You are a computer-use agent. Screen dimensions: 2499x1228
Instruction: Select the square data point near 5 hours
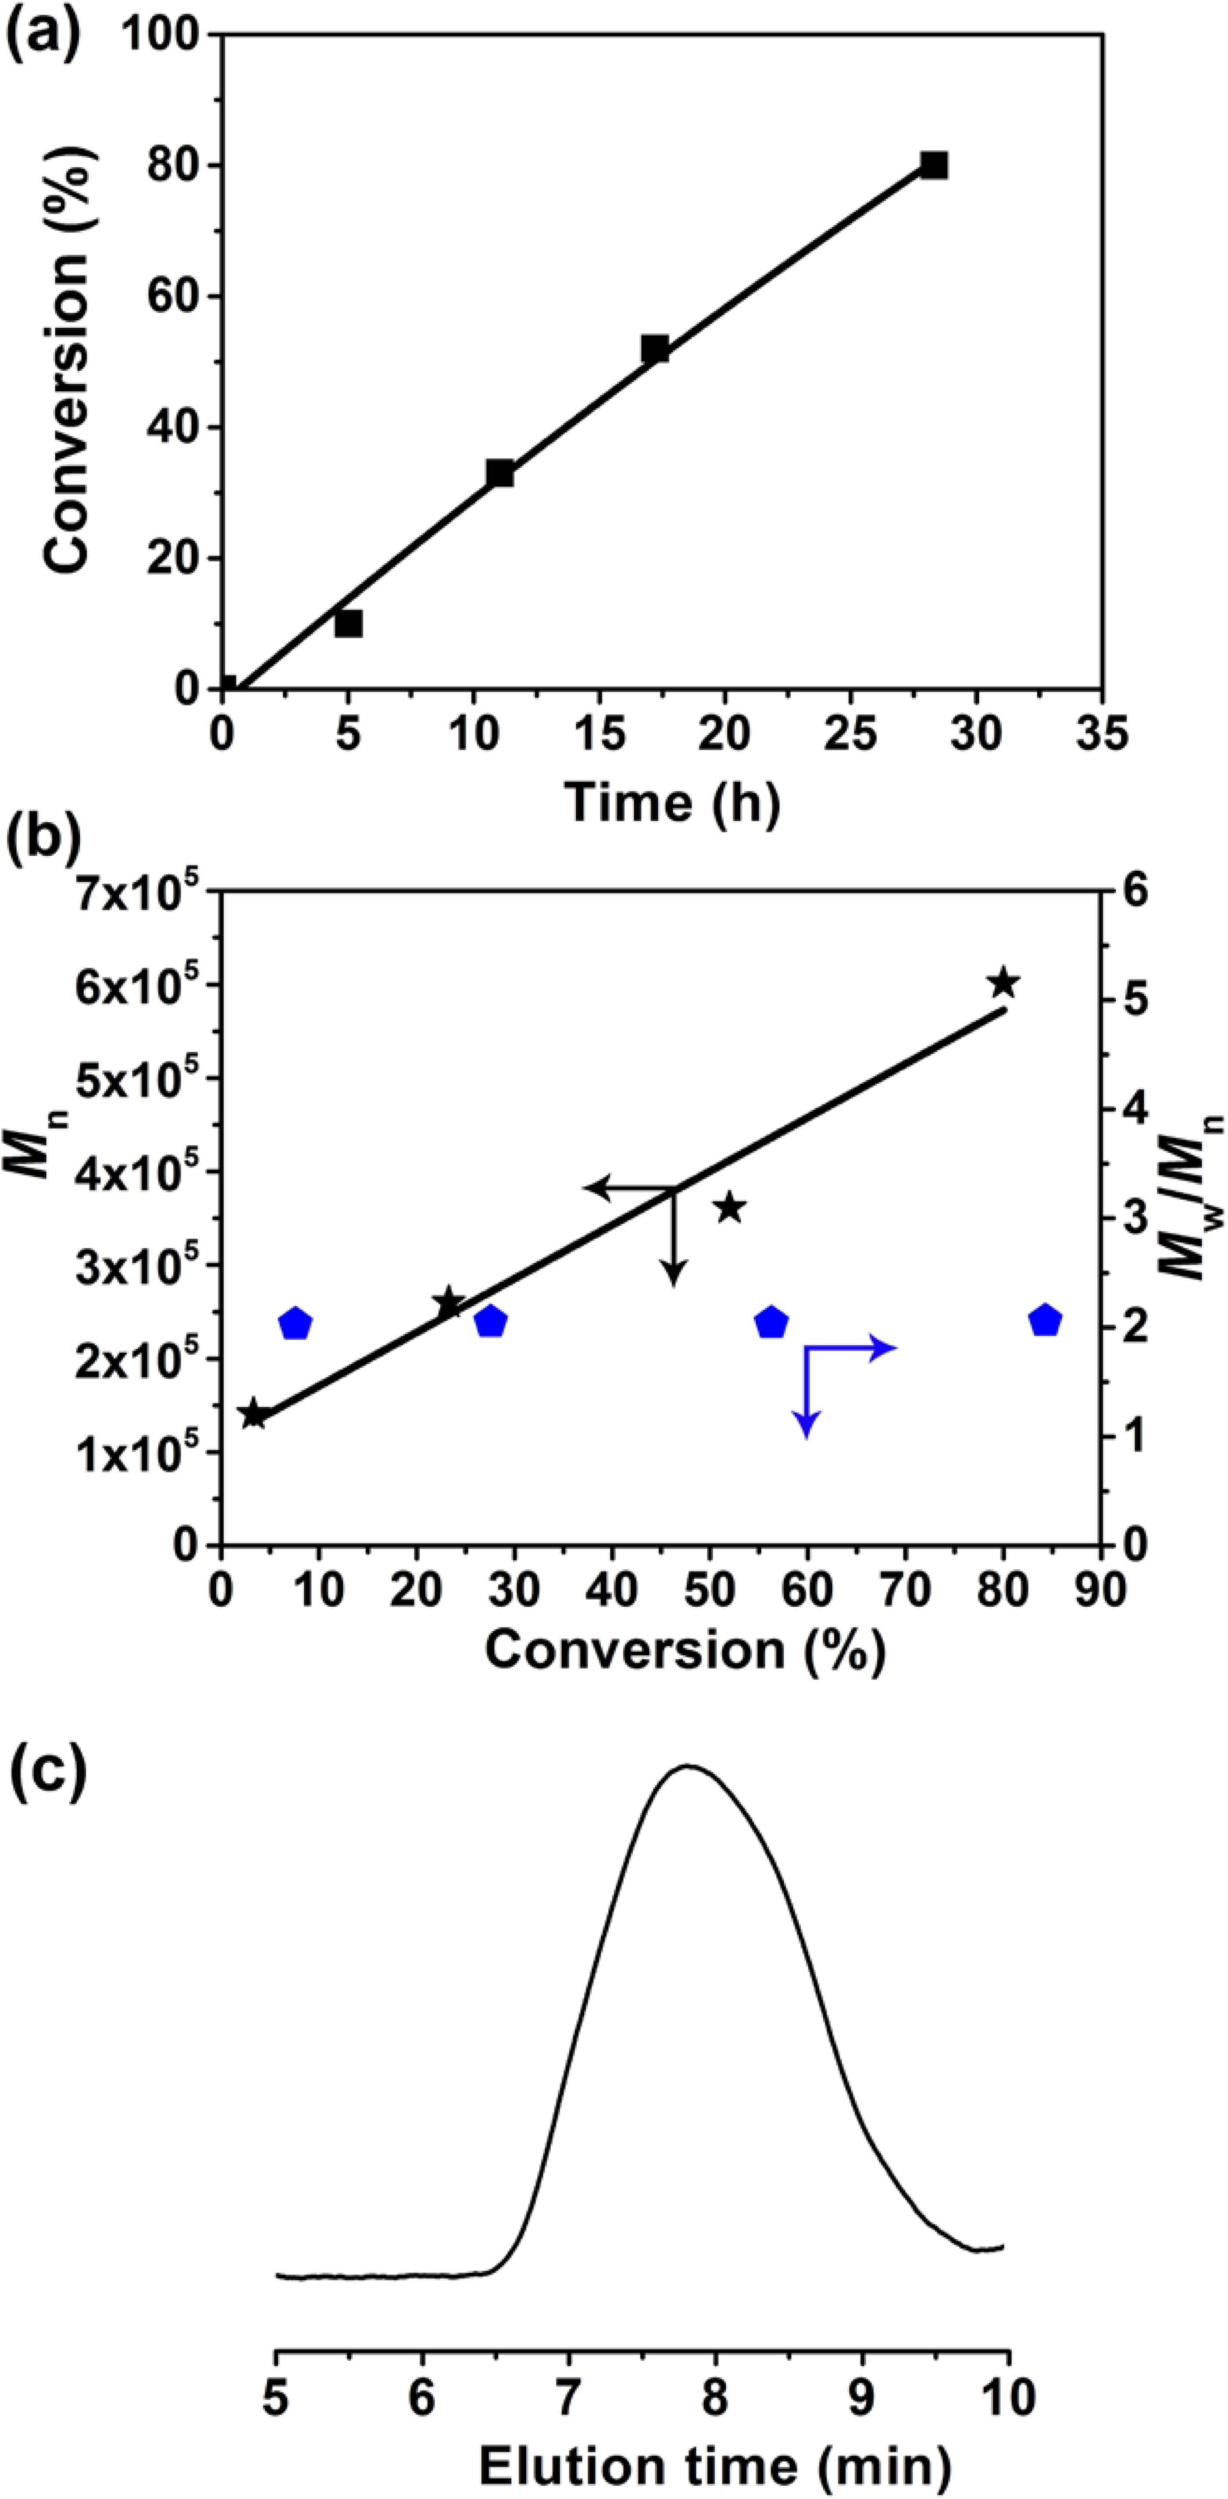[x=348, y=624]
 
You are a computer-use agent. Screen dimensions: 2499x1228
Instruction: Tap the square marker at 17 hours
[x=655, y=349]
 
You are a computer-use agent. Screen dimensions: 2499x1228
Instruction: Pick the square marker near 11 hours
[x=500, y=473]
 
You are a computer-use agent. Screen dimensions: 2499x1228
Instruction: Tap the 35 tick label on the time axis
[x=1100, y=734]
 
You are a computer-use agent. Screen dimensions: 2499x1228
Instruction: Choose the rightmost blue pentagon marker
[x=1045, y=1320]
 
